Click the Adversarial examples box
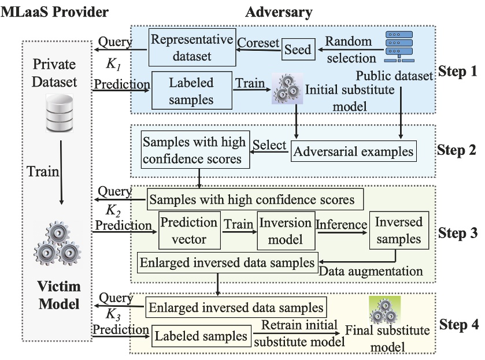point(353,151)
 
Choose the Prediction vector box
point(188,230)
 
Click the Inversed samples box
point(398,229)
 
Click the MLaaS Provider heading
point(47,10)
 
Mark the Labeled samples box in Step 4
point(201,336)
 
